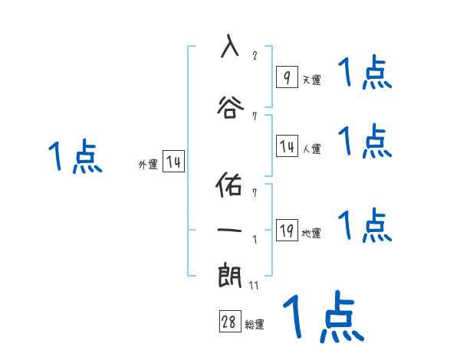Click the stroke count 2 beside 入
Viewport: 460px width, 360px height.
254,55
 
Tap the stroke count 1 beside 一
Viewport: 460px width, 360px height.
254,239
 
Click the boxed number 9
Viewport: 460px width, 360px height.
286,77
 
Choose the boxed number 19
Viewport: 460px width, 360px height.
286,231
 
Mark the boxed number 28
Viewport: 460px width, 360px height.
229,322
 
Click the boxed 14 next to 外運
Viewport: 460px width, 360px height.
173,162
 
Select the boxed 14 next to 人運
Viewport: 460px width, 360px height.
286,146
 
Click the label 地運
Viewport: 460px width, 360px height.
312,234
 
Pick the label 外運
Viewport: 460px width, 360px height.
147,164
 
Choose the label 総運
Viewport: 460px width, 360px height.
255,325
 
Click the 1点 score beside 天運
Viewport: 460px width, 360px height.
365,74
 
